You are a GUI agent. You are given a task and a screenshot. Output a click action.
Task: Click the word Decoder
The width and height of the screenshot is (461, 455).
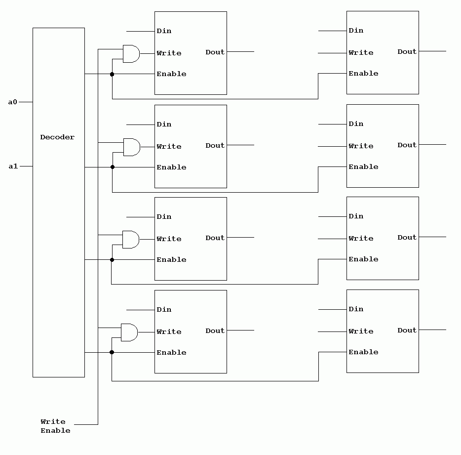coord(57,137)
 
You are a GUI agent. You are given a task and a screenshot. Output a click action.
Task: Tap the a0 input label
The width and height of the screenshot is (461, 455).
coord(13,102)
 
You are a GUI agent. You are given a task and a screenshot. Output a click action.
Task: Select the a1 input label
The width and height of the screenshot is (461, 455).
coord(13,166)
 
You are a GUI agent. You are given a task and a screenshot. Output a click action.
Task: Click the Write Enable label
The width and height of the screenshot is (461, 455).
coord(55,426)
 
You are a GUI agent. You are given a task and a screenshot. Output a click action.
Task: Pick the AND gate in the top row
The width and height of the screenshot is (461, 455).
coord(131,54)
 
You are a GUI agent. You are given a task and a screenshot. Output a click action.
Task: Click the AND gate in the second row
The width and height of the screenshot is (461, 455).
coord(131,147)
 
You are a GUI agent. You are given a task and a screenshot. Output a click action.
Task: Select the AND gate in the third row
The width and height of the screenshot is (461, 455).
coord(130,239)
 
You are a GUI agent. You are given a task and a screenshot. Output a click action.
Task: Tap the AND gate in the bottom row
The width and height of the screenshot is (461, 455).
coord(129,332)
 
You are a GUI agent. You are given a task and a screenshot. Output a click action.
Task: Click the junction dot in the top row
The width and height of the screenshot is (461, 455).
coord(112,74)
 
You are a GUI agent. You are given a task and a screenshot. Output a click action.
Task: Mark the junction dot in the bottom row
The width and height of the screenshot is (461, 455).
coord(112,352)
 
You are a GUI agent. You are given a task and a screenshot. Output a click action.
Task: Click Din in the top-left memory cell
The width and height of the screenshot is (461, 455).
coord(164,31)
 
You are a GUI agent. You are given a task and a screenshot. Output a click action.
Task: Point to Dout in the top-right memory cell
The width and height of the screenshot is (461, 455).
coord(407,52)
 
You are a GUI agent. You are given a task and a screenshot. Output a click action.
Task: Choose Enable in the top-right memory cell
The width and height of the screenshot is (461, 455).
coord(363,74)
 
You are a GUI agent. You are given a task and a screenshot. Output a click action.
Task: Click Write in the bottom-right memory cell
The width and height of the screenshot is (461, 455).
coord(361,331)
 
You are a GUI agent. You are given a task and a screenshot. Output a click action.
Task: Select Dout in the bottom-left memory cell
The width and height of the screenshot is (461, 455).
coord(215,331)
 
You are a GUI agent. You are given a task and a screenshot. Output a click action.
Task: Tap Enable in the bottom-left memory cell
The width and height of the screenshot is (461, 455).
coord(171,353)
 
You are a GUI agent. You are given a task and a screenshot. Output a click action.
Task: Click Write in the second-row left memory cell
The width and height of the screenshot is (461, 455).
coord(169,147)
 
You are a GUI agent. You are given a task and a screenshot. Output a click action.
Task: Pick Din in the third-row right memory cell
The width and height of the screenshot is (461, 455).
coord(356,216)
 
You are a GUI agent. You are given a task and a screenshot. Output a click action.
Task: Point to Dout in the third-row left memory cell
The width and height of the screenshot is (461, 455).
coord(215,238)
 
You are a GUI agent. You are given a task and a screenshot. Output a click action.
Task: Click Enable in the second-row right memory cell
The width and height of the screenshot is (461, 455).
coord(363,167)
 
